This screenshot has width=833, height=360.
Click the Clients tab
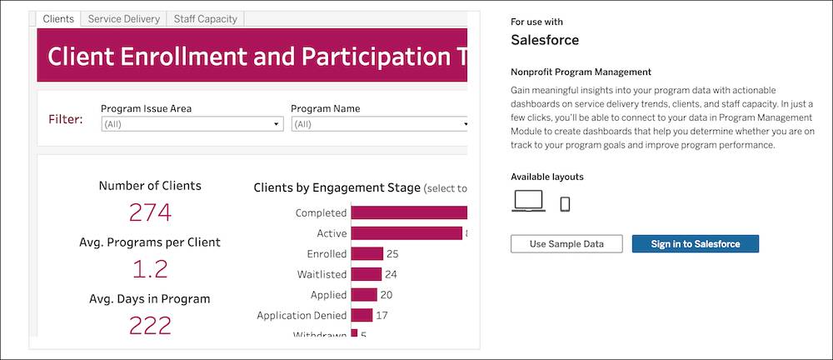57,18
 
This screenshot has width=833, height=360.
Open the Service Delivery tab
123,18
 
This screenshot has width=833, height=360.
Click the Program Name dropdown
379,124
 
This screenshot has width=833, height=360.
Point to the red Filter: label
66,120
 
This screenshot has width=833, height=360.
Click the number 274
150,212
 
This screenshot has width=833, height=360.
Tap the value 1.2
150,268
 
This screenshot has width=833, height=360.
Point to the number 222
150,324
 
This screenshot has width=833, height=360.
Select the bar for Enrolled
367,253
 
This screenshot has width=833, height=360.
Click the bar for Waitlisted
366,274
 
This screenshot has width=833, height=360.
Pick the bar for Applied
364,294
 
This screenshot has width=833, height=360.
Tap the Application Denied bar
362,315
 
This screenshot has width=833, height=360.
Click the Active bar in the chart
407,233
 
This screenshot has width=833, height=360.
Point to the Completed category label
321,213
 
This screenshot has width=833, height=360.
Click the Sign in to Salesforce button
695,243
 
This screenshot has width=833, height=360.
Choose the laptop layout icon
528,202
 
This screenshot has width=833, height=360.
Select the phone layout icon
565,203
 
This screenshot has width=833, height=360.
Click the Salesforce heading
544,40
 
